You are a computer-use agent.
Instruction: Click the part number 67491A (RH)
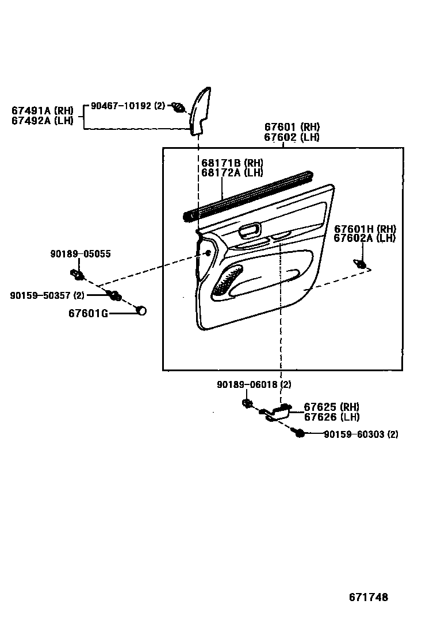tap(42, 110)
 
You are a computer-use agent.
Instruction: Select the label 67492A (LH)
tap(42, 120)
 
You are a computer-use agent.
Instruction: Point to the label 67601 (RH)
tap(292, 127)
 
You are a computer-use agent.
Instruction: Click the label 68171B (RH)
tap(232, 163)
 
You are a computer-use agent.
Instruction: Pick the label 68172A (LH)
tap(232, 172)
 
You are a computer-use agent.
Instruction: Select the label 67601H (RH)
tap(365, 229)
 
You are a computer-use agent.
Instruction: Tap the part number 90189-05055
tap(80, 253)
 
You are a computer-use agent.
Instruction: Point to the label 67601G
tap(88, 313)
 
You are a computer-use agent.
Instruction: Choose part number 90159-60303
tap(352, 434)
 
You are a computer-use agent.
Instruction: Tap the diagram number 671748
tap(368, 597)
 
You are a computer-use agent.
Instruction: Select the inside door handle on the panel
tap(250, 231)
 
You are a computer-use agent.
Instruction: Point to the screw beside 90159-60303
tap(298, 433)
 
